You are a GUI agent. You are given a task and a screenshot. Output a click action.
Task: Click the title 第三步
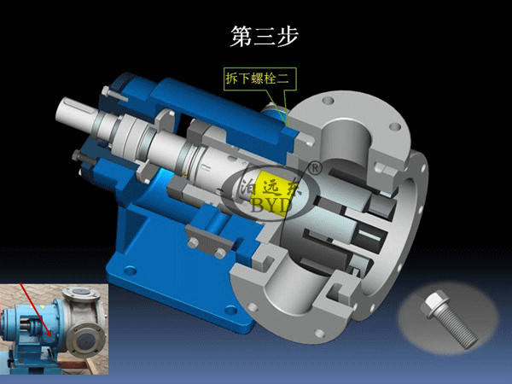point(265,37)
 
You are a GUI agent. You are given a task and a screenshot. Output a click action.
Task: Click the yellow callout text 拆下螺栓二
point(258,79)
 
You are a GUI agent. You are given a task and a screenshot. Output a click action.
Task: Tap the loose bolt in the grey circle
point(450,318)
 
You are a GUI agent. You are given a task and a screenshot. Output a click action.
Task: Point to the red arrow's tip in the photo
point(50,336)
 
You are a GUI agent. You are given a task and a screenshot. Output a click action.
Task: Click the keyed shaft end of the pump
point(76,110)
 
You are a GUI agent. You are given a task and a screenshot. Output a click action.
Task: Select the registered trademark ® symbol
point(316,168)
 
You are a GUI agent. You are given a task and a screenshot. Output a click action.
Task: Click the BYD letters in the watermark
point(271,205)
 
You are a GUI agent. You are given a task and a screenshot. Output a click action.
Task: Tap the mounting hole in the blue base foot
point(130,271)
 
